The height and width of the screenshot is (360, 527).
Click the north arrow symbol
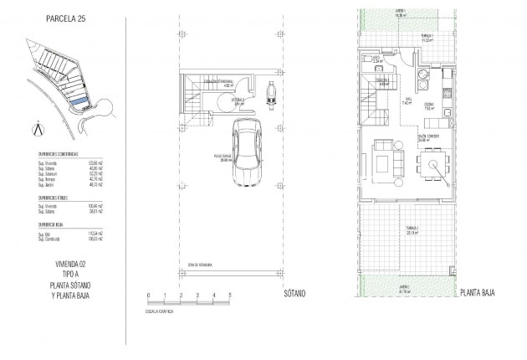click(33, 129)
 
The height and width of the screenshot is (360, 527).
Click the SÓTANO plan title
click(292, 295)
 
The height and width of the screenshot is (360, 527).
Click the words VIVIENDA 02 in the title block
click(66, 264)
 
